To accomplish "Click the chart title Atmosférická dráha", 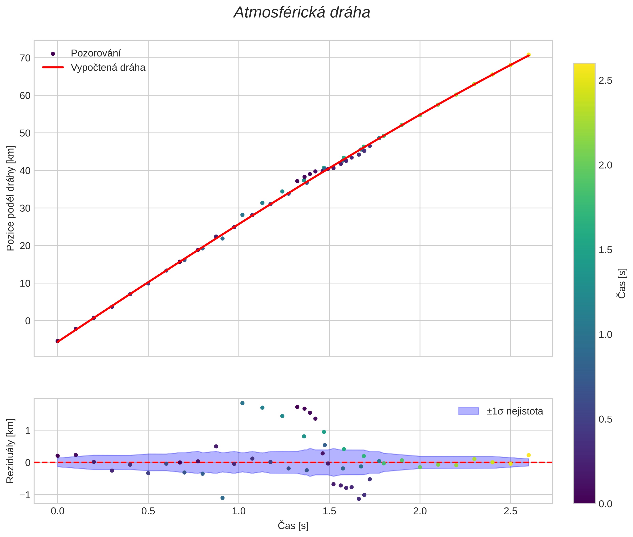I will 302,13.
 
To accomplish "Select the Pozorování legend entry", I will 96,53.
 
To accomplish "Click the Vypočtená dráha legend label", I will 108,68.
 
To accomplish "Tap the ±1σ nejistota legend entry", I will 514,411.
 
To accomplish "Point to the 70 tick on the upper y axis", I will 25,58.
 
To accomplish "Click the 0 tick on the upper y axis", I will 28,321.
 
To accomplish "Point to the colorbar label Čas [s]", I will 622,283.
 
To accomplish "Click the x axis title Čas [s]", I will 293,526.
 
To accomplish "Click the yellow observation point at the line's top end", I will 529,55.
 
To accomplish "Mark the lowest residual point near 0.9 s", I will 223,498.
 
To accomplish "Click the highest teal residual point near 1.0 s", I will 242,403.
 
